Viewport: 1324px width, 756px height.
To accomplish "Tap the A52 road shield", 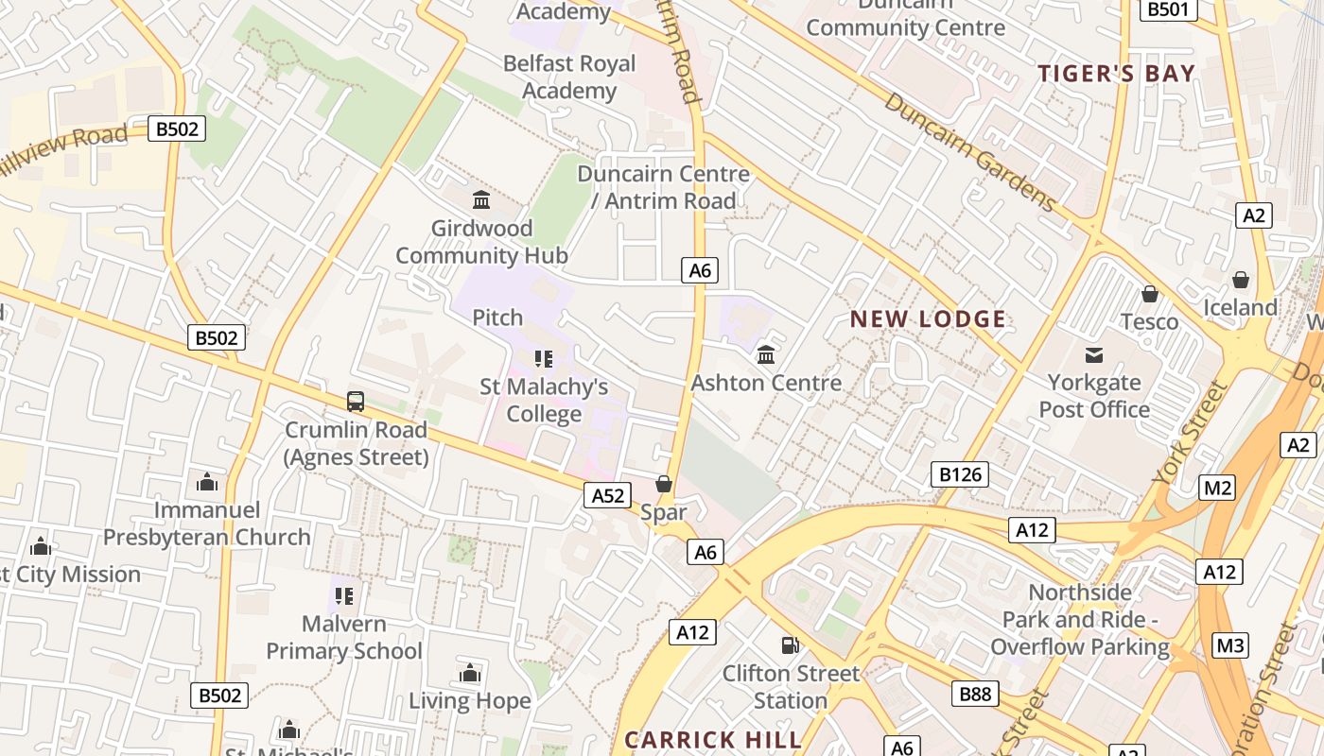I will pyautogui.click(x=608, y=495).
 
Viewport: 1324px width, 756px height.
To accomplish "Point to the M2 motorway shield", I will pyautogui.click(x=1217, y=488).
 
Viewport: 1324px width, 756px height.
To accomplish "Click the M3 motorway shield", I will pyautogui.click(x=1229, y=645).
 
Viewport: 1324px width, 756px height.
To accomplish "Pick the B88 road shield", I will pyautogui.click(x=975, y=695).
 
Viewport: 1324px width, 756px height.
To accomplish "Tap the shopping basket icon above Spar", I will pyautogui.click(x=664, y=484).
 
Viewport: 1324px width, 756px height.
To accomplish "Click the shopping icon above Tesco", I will pyautogui.click(x=1150, y=294).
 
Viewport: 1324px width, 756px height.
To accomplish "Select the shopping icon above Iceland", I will pyautogui.click(x=1241, y=280).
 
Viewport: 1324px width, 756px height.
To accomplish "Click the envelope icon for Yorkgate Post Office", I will pyautogui.click(x=1094, y=355).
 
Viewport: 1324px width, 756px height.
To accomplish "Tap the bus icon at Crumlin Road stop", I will pyautogui.click(x=356, y=402).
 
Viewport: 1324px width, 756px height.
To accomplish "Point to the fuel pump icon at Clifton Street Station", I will pyautogui.click(x=790, y=645).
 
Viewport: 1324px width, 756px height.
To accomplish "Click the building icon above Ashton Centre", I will pyautogui.click(x=766, y=355).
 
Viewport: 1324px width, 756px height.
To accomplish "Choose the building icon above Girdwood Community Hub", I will pyautogui.click(x=481, y=199).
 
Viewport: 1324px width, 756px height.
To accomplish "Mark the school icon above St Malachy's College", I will pyautogui.click(x=543, y=358).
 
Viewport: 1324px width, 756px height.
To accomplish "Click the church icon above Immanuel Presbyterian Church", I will pyautogui.click(x=207, y=483).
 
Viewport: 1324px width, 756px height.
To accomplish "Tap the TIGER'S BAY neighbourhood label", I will pyautogui.click(x=1116, y=74).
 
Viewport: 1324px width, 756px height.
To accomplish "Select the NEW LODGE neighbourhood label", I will pyautogui.click(x=928, y=319).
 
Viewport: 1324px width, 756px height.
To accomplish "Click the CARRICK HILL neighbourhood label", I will pyautogui.click(x=713, y=739).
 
